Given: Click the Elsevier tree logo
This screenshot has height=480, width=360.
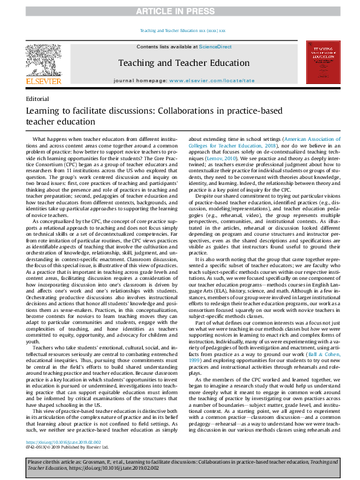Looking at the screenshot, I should coord(43,59).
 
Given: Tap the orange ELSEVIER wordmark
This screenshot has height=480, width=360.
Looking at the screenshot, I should coord(43,80).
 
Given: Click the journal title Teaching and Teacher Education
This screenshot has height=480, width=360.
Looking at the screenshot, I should coord(183,62).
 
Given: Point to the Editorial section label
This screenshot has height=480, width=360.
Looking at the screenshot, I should coord(38,98).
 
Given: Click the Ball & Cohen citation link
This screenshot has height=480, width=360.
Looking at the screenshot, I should coord(319,326).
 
